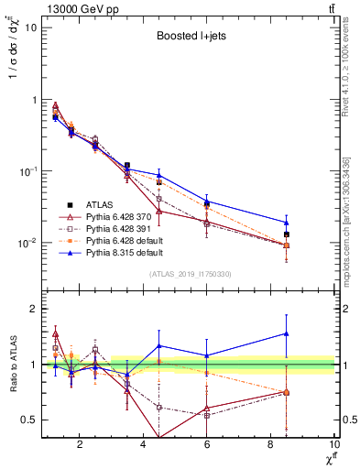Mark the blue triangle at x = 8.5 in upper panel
coord(287,222)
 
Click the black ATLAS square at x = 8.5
coord(287,234)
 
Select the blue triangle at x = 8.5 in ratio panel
coord(287,333)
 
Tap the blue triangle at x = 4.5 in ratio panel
coord(159,345)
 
